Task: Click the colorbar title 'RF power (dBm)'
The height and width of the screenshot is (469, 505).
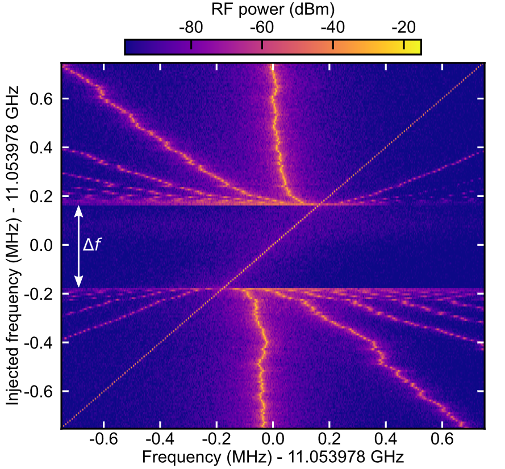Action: point(272,9)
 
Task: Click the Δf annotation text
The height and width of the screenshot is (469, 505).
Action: point(93,245)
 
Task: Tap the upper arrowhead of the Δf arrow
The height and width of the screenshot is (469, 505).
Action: point(79,210)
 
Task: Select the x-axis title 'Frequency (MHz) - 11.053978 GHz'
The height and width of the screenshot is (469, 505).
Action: point(273,457)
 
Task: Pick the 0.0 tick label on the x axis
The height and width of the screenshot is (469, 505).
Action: point(273,441)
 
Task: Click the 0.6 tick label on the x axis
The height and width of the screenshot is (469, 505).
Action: point(443,441)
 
